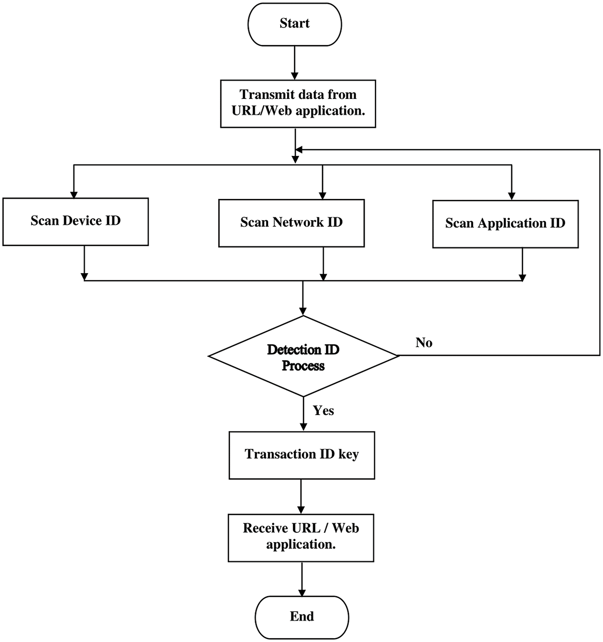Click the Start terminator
(294, 25)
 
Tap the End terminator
(301, 617)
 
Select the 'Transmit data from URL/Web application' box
(298, 103)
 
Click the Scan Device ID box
(75, 222)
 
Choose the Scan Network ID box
(291, 223)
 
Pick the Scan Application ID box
(505, 224)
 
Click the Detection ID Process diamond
(303, 357)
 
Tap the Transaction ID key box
(301, 455)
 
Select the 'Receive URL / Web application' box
(301, 537)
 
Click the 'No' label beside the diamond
(424, 343)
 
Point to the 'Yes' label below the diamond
(323, 410)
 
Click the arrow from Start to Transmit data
(294, 63)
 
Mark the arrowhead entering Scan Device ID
(74, 194)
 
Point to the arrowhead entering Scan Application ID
(512, 196)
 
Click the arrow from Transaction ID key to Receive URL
(301, 496)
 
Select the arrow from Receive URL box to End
(302, 579)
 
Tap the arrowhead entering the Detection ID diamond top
(303, 311)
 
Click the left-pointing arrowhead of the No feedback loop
(299, 150)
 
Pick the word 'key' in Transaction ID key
(348, 455)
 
